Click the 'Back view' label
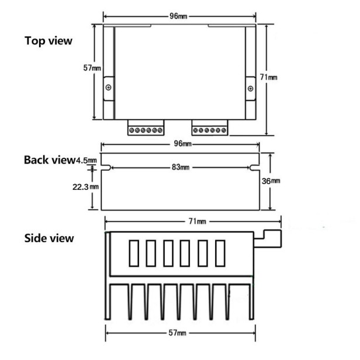click(x=50, y=160)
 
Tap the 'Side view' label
click(x=49, y=238)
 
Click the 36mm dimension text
click(x=272, y=181)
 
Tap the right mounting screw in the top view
click(x=251, y=88)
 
